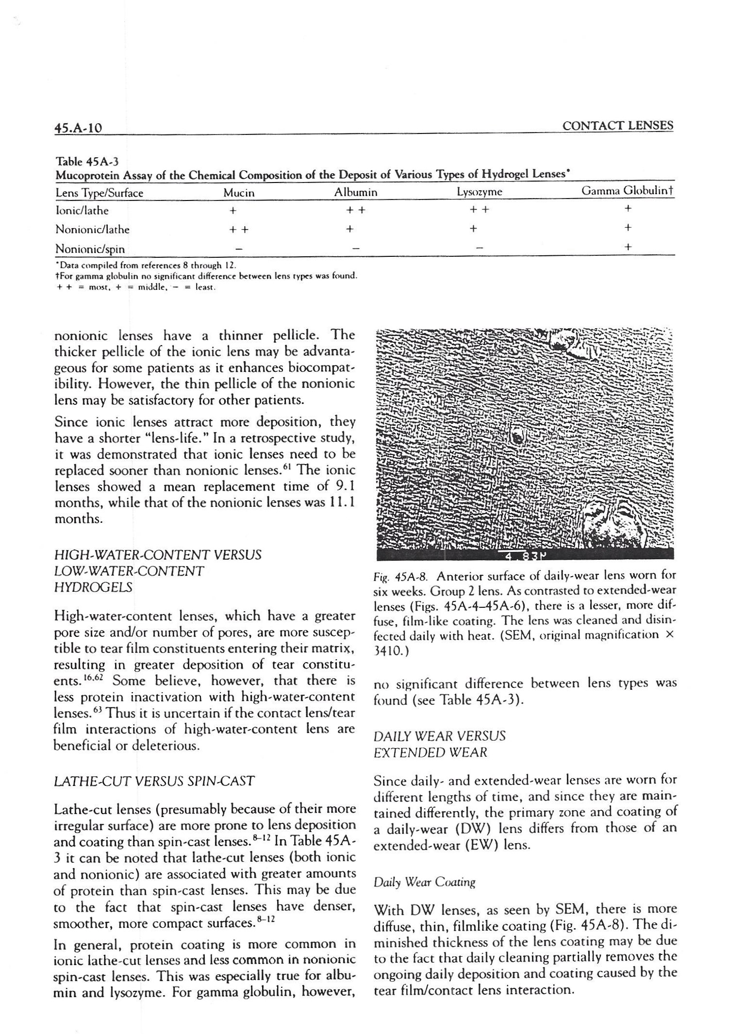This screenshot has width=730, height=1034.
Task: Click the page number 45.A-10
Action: coord(78,128)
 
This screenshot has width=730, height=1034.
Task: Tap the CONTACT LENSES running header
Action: coord(617,126)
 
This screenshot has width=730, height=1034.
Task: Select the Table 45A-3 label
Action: coord(87,161)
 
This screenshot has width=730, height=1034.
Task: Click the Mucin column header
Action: coord(239,193)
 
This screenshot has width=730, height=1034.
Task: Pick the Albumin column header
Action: coord(356,192)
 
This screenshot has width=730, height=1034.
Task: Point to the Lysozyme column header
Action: coord(480,192)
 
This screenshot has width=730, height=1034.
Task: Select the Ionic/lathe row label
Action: coord(82,211)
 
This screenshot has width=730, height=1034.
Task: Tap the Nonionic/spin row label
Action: coord(90,249)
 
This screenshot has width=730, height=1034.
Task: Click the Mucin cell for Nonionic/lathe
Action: coord(238,229)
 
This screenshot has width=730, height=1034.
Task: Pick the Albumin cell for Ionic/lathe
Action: coord(356,210)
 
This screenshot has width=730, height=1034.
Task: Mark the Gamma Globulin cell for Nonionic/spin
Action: coord(628,247)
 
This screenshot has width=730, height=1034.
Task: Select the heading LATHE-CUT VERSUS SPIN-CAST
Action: coord(154,781)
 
